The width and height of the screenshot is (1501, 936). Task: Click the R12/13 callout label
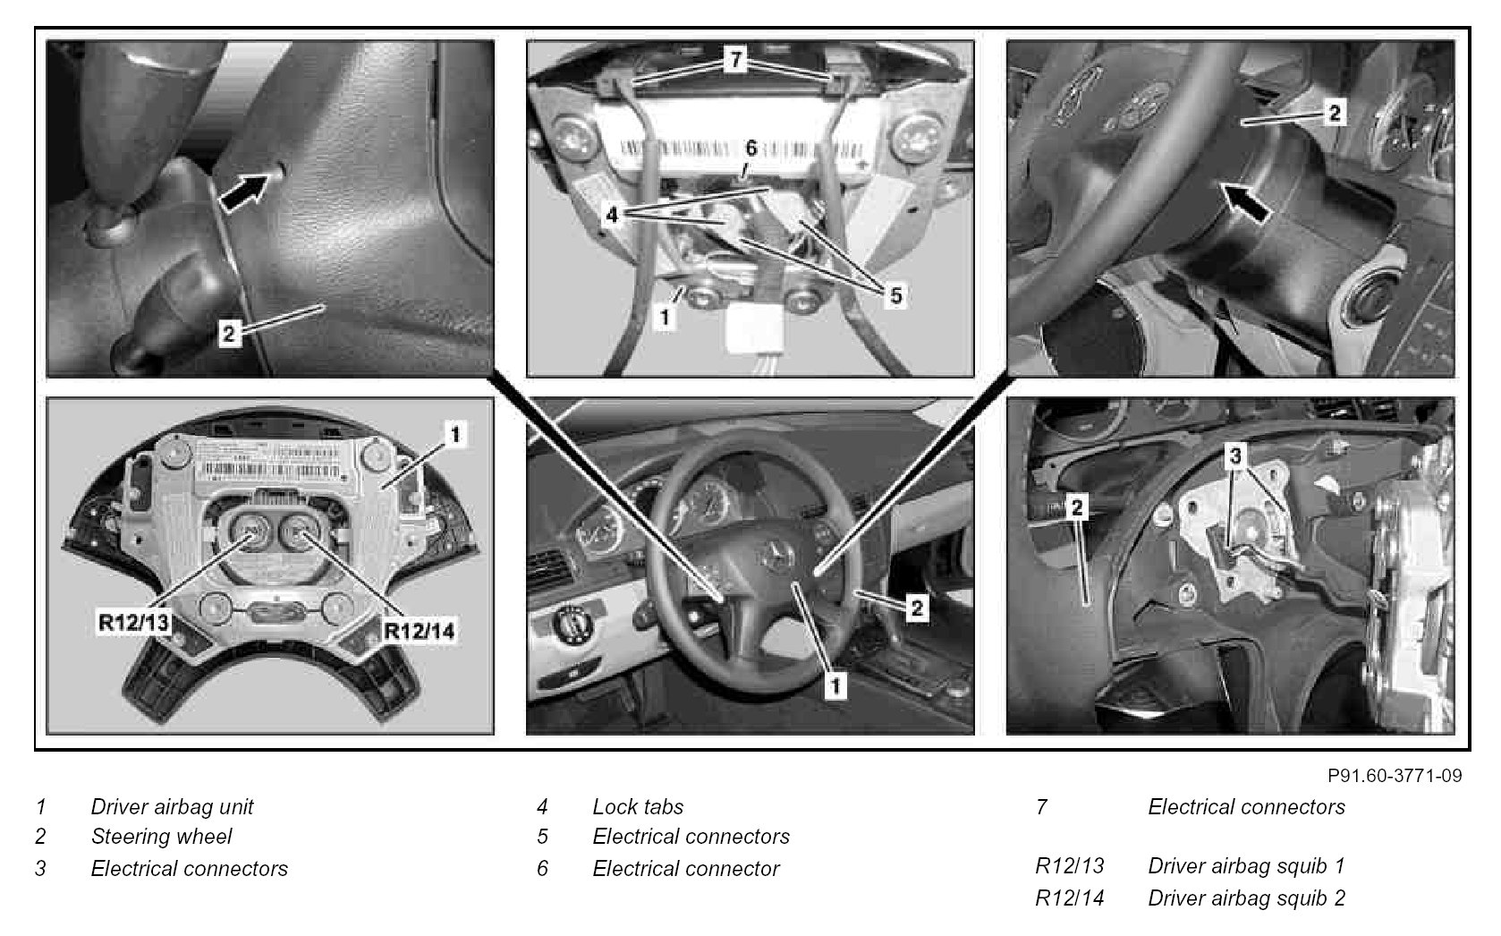point(133,622)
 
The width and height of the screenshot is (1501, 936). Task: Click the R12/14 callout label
point(419,631)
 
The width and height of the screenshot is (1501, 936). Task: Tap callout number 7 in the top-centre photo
point(736,60)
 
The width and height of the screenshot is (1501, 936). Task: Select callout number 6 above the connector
point(750,149)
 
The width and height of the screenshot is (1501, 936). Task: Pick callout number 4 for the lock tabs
point(611,215)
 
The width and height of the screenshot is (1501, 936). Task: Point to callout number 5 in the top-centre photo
point(896,295)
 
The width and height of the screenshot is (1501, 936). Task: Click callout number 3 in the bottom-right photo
point(1235,456)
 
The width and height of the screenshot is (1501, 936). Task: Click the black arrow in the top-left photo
point(244,191)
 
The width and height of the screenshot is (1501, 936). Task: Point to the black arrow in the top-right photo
point(1243,202)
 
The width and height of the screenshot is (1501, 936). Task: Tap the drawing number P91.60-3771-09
point(1395,776)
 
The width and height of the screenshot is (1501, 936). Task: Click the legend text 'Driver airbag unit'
point(173,806)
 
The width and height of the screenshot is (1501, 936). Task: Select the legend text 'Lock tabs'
point(638,806)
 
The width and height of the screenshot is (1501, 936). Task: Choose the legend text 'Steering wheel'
point(162,837)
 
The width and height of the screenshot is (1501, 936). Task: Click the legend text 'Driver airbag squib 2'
point(1246,898)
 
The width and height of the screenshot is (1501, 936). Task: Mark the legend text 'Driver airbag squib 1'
point(1246,865)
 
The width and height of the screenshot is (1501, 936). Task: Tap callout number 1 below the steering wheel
point(835,686)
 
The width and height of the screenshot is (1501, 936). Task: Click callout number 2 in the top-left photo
point(228,333)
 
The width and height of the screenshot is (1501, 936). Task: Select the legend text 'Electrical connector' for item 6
point(686,868)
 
